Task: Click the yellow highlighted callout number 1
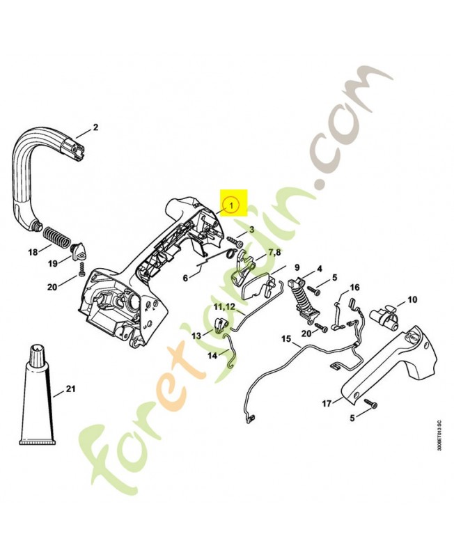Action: click(x=233, y=205)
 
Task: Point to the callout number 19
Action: click(x=52, y=264)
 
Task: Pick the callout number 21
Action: click(x=71, y=390)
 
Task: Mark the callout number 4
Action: click(x=320, y=268)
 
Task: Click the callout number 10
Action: click(x=412, y=300)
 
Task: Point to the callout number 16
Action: click(x=354, y=288)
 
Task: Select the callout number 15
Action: click(x=285, y=339)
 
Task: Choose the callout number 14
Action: click(x=212, y=356)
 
